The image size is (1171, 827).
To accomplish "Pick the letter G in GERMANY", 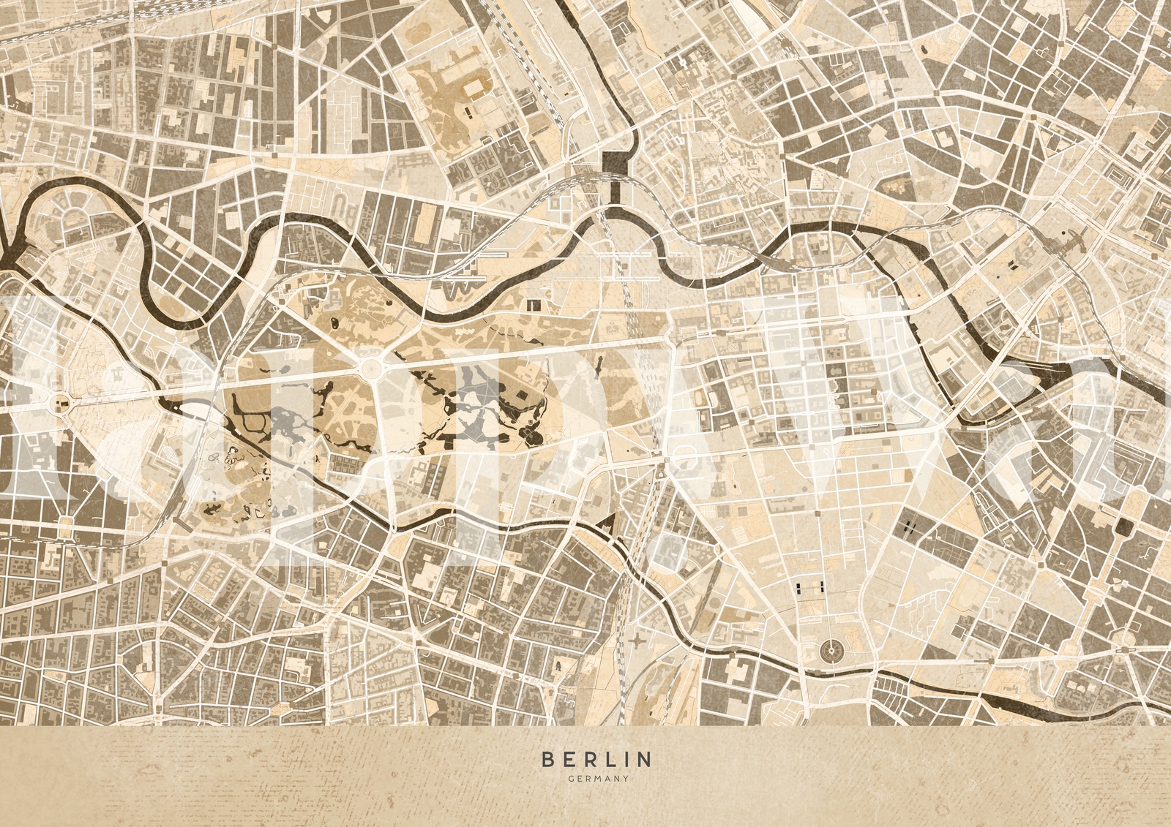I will [x=570, y=778].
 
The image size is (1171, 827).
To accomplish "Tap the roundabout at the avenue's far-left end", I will [x=61, y=401].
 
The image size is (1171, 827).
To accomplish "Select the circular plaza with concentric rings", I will [x=831, y=648].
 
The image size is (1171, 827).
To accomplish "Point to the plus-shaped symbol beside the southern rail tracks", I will [x=639, y=641].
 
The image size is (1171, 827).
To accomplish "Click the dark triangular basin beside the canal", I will [x=608, y=524].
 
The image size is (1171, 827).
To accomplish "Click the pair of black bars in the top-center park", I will [x=466, y=113].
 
